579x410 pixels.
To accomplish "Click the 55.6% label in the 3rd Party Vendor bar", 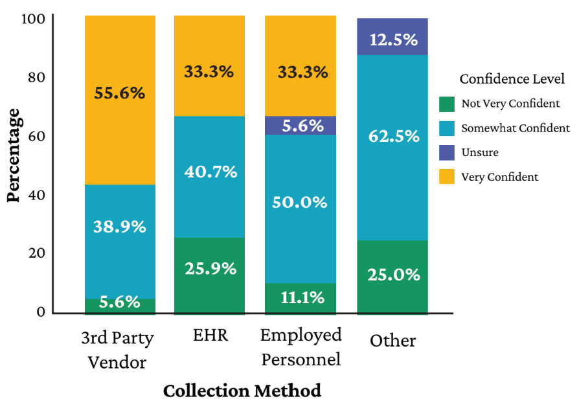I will tap(120, 93).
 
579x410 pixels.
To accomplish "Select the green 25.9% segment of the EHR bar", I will tap(209, 275).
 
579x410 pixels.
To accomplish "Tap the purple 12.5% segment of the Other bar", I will tap(393, 37).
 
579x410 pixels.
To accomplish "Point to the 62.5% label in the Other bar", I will tap(393, 137).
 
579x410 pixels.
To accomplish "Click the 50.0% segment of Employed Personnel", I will tap(300, 209).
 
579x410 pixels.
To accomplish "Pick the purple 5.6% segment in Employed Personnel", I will tap(300, 126).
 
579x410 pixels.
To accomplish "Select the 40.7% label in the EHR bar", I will tap(209, 172).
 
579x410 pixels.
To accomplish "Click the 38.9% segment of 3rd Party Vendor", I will tap(120, 241).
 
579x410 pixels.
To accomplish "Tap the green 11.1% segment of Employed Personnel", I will tap(300, 298).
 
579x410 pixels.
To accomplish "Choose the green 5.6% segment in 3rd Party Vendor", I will tap(120, 306).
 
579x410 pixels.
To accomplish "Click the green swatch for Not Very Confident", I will tap(447, 104).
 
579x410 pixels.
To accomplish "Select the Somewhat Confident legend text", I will tap(516, 128).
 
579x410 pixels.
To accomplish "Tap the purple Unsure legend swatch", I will tap(447, 153).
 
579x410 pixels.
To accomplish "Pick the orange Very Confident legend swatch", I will tap(447, 177).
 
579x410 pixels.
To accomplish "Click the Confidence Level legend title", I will tap(512, 79).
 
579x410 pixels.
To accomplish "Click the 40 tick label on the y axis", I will tap(36, 195).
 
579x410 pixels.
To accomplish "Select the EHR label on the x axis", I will tap(209, 336).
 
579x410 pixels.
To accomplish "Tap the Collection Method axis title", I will tap(242, 391).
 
